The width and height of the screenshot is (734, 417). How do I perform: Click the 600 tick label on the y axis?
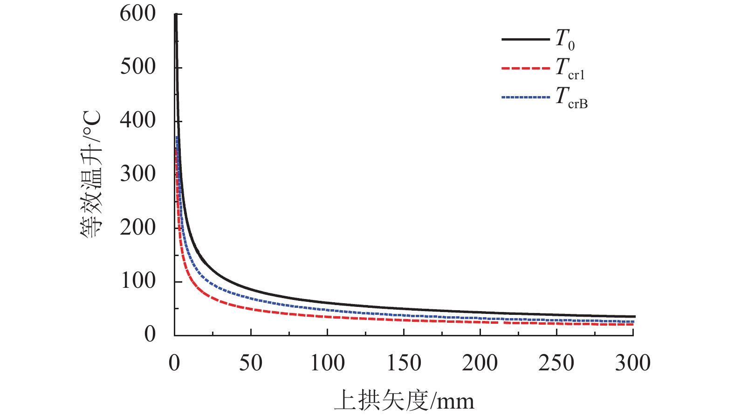click(137, 14)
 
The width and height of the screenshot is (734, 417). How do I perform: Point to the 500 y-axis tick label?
click(137, 67)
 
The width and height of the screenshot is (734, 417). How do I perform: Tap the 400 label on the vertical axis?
click(137, 120)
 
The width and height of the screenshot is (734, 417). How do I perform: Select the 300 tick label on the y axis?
click(137, 174)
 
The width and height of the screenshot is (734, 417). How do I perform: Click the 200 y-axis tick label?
click(137, 228)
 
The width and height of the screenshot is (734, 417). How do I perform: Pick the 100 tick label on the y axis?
click(137, 281)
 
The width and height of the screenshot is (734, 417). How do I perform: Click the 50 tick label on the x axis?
click(251, 363)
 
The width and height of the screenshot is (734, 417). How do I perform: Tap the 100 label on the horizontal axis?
click(327, 363)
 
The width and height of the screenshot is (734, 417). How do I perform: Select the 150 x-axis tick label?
click(404, 363)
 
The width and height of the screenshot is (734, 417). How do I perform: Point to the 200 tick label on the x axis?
click(480, 363)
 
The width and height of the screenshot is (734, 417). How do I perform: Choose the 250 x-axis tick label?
click(556, 363)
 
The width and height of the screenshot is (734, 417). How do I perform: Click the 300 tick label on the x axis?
click(632, 363)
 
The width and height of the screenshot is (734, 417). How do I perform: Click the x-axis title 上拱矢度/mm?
click(404, 400)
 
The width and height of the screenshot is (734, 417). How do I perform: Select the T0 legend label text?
click(565, 40)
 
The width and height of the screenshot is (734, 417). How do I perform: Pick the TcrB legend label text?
click(571, 98)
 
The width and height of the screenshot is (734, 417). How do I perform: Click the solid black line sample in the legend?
click(525, 40)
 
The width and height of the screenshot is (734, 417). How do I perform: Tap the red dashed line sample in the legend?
click(525, 69)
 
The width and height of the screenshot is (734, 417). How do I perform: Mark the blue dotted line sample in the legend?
click(525, 97)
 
